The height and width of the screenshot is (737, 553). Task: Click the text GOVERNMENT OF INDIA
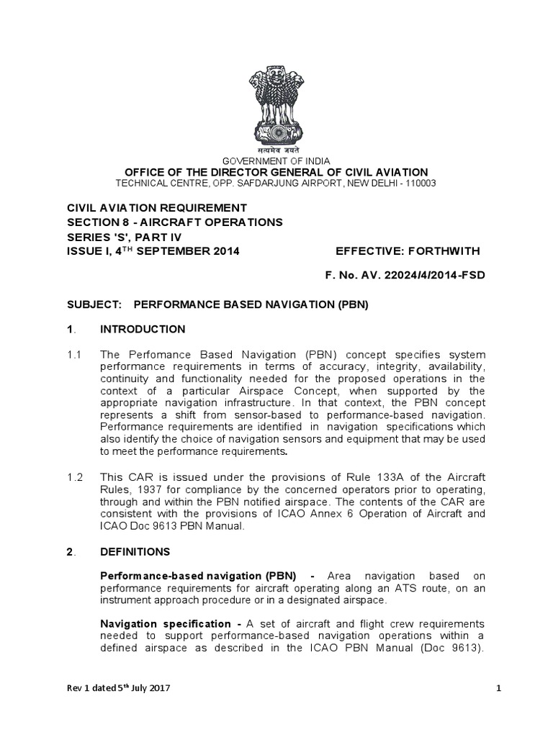tap(276, 160)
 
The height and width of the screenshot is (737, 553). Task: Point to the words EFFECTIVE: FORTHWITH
tap(407, 250)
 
